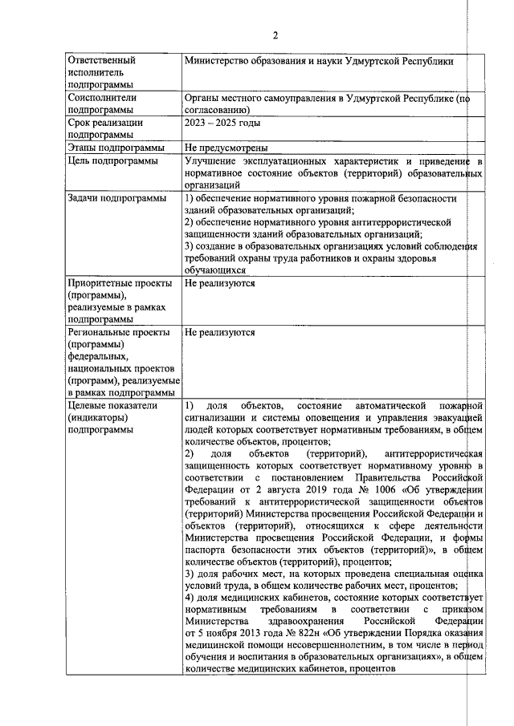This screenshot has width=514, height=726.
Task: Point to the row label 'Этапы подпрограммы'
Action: (x=116, y=148)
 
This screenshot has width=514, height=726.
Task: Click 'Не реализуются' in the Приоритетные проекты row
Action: (x=220, y=283)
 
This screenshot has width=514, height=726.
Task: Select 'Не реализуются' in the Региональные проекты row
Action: (x=220, y=332)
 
